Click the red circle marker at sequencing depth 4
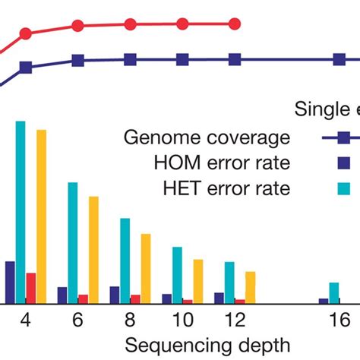tap(26, 33)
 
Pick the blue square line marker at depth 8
tap(130, 58)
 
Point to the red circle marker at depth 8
tap(130, 24)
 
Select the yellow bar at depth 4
tap(41, 216)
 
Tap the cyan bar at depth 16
tap(333, 293)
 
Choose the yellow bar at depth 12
tap(250, 288)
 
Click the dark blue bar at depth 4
tap(10, 283)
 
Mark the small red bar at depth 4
tap(31, 289)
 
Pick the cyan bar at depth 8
tap(125, 261)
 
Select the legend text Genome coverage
tap(207, 137)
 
